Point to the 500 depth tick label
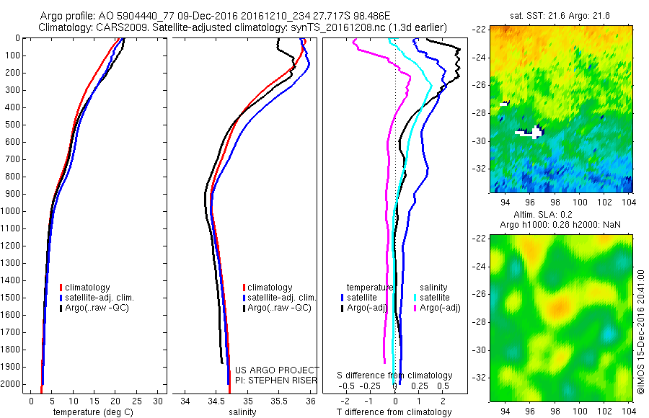(13, 125)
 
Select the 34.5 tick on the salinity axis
(216, 400)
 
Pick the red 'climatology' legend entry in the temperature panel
(92, 288)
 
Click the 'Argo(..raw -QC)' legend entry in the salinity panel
(278, 308)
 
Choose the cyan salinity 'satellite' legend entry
(433, 298)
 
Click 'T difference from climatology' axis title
(394, 412)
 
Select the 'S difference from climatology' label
(395, 375)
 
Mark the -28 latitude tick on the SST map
(481, 112)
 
